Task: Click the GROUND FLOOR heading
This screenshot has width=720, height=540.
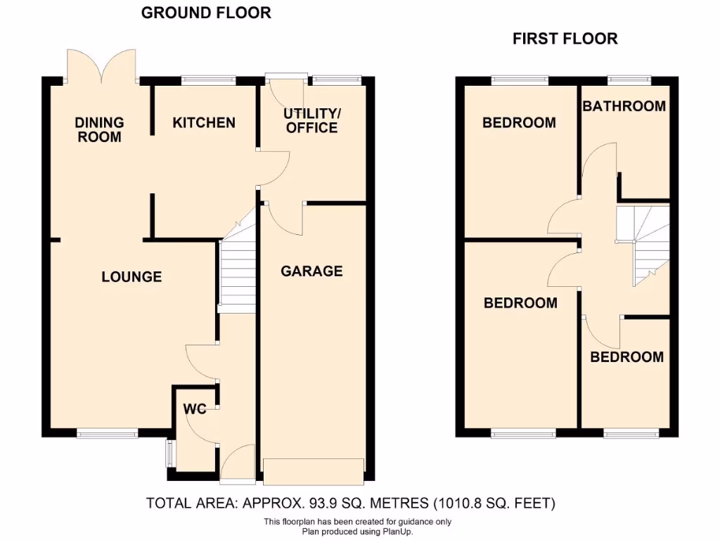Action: [206, 13]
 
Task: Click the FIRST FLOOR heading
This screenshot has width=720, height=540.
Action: [565, 39]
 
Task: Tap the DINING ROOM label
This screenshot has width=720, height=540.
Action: [99, 129]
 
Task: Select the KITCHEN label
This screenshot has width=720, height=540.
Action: [204, 122]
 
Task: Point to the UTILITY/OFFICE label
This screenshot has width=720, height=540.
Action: [311, 120]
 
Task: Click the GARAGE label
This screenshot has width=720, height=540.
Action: [311, 271]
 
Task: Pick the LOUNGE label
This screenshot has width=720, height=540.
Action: [131, 277]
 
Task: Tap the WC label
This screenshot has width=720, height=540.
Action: [195, 409]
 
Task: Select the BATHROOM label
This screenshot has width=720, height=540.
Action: [624, 106]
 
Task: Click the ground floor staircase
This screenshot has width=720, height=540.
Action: [238, 271]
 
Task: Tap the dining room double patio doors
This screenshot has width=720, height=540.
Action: [101, 67]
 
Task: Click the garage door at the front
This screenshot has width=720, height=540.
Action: [314, 471]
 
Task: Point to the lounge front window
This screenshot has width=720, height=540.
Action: [108, 433]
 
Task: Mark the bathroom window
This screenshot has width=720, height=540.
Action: [629, 80]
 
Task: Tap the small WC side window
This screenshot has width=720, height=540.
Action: [169, 454]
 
